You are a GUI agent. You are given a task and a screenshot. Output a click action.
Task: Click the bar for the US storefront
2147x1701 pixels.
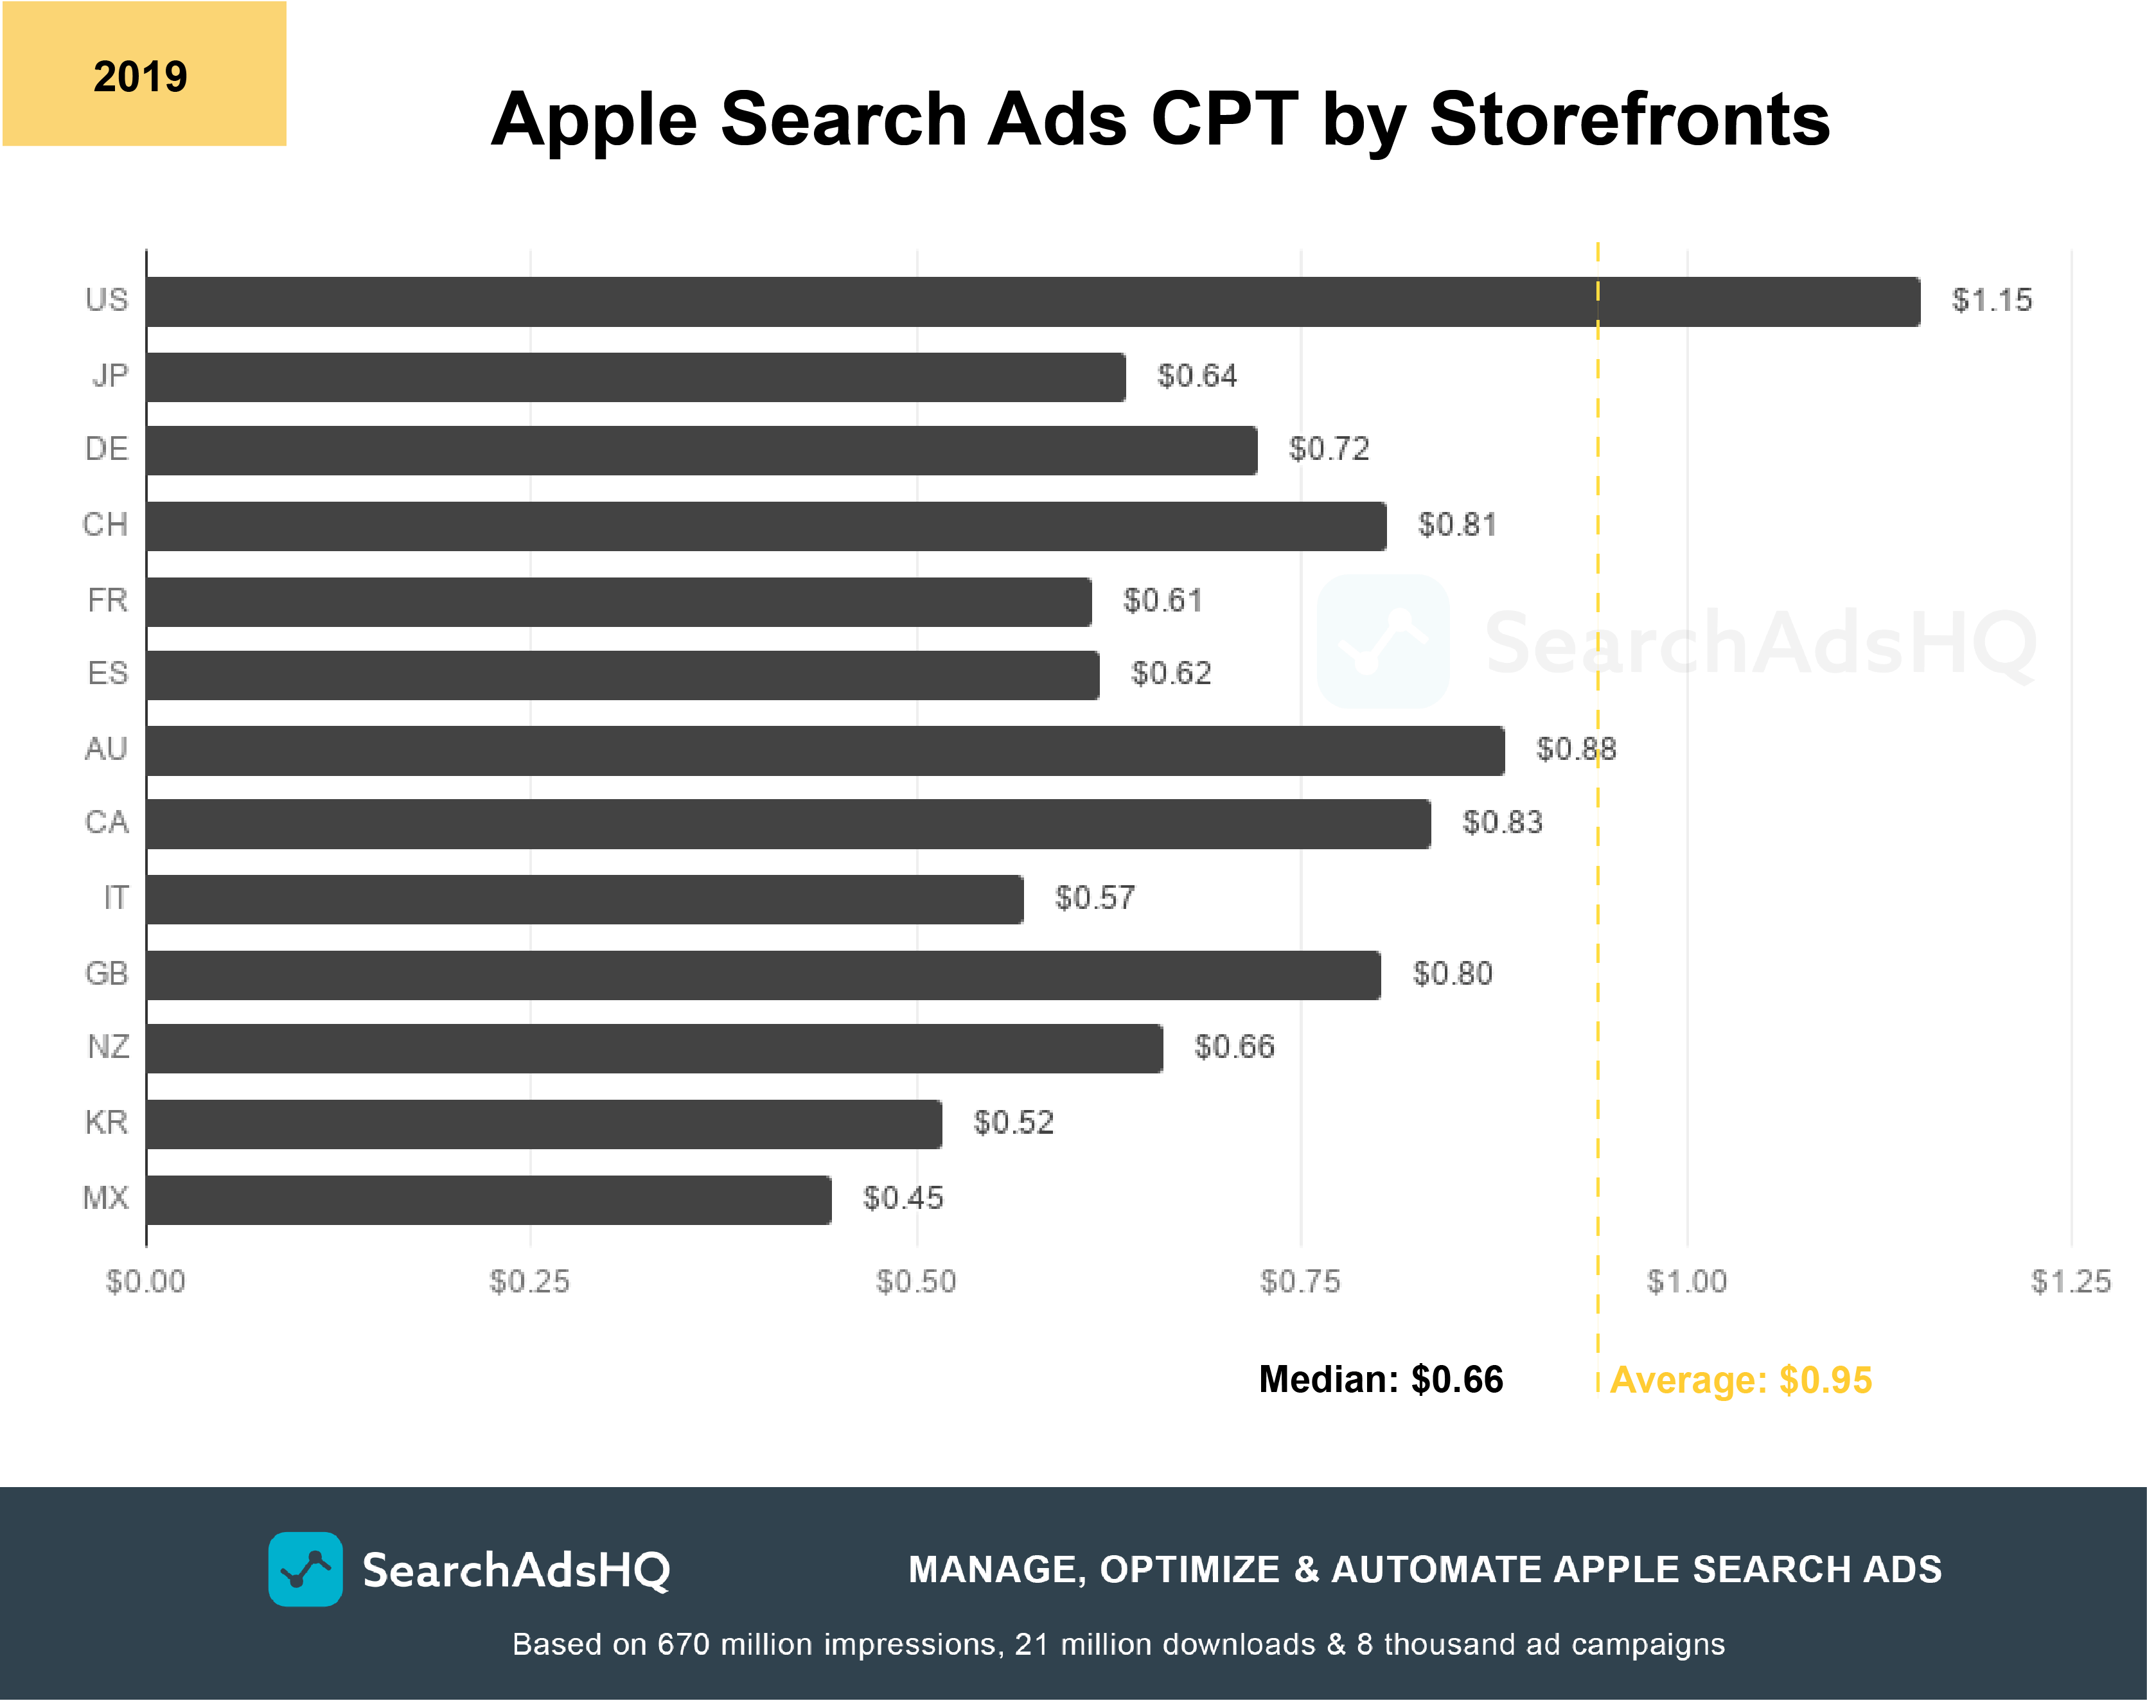[1032, 302]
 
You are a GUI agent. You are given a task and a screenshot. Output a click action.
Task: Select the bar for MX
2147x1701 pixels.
[489, 1199]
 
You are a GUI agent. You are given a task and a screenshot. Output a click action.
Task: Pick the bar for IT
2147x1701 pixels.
[585, 899]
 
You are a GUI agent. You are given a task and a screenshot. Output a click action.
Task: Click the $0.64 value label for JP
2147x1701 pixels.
[1197, 376]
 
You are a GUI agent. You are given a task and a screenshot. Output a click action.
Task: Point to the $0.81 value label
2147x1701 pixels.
[1457, 525]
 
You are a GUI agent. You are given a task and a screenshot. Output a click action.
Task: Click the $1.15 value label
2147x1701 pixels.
[1992, 301]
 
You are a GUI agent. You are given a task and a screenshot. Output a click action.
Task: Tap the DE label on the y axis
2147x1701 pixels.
[107, 449]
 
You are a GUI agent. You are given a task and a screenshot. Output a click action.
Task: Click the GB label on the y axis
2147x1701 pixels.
[107, 973]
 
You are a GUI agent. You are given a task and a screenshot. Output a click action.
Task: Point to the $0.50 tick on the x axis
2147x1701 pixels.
[915, 1282]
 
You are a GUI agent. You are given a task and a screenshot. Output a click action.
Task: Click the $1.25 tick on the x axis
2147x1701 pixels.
[2071, 1282]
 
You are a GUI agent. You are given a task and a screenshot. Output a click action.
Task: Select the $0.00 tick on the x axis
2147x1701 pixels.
[145, 1282]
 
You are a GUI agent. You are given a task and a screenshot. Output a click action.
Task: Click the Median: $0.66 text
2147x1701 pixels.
[1380, 1379]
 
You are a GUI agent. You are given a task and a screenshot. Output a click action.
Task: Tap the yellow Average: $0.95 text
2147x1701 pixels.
[1741, 1380]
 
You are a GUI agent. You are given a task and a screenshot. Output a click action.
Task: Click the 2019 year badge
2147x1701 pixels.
[143, 75]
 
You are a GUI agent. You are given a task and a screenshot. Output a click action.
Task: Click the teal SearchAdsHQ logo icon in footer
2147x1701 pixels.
[305, 1569]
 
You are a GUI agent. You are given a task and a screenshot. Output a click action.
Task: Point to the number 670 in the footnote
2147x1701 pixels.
[682, 1644]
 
